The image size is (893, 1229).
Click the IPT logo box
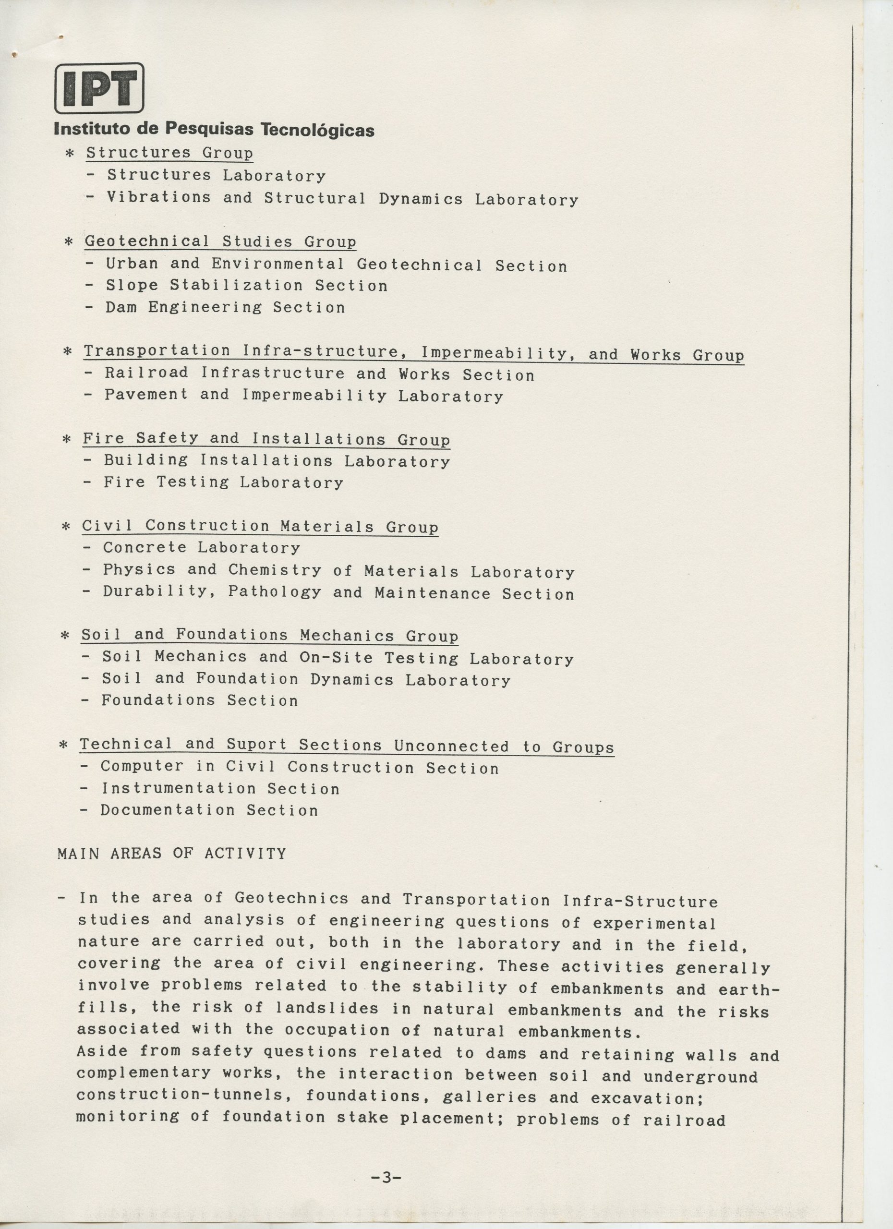[99, 88]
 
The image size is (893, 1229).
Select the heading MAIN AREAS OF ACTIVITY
[172, 854]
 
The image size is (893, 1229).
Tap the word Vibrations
[158, 197]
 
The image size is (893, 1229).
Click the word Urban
[132, 264]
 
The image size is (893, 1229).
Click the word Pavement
[146, 395]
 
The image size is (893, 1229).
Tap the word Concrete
[145, 547]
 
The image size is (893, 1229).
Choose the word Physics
[139, 569]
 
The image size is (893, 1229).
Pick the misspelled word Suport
[256, 745]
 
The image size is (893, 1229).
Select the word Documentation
[168, 810]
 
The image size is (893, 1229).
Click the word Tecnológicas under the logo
[317, 131]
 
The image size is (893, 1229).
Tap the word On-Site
[336, 657]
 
